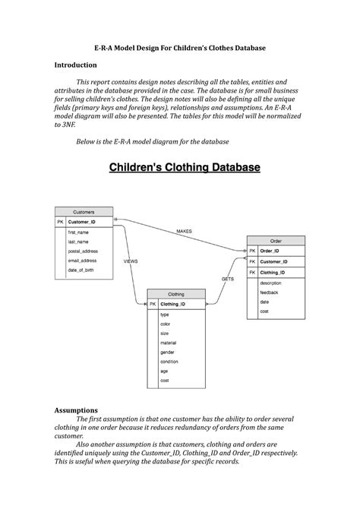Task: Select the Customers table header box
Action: (84, 212)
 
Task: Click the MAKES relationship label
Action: (184, 230)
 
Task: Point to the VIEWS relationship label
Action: (130, 261)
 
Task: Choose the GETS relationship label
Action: (228, 279)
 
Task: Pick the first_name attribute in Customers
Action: (78, 232)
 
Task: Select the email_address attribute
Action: (82, 261)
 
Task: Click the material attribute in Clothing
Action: (169, 343)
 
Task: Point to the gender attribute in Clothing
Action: (167, 352)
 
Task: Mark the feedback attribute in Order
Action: (269, 292)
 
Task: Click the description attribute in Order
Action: (270, 283)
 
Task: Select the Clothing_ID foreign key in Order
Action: (273, 271)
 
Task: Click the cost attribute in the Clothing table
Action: (165, 380)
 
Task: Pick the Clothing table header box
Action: (176, 293)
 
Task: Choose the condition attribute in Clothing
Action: (169, 361)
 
